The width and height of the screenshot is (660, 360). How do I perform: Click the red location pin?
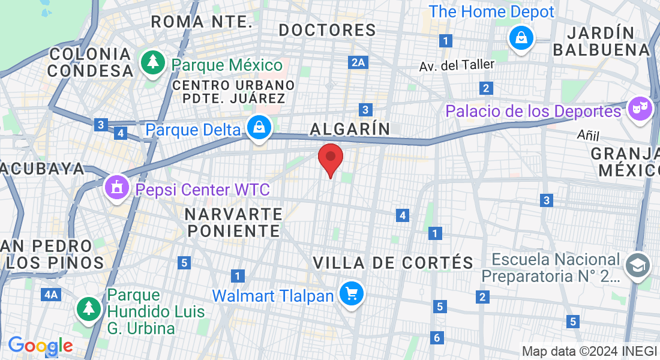330,157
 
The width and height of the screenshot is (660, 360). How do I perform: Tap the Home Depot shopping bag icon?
522,38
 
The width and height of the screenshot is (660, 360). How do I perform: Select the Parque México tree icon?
154,62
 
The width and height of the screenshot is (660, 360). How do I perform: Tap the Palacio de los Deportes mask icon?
639,109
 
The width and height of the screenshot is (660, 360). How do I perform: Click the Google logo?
40,346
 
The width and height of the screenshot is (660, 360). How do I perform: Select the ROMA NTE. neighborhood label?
201,22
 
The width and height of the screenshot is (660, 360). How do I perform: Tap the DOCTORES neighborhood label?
328,29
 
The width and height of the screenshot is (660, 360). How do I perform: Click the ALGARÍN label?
350,128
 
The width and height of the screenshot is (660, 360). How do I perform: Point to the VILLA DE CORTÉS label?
394,262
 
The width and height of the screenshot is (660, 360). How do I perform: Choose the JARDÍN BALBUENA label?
601,41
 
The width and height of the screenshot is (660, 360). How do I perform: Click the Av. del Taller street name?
457,65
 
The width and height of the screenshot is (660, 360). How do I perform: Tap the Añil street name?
588,134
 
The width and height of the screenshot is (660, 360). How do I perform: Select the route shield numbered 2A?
358,62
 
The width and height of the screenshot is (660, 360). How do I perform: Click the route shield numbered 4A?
51,294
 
